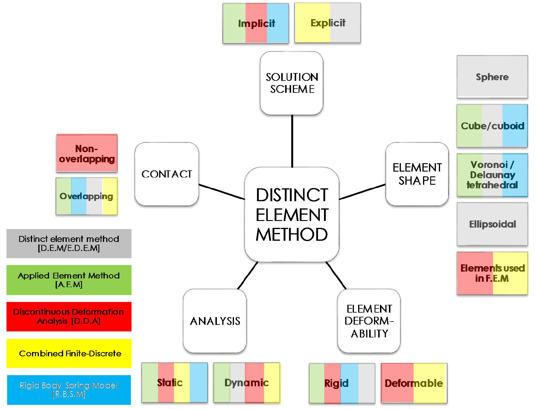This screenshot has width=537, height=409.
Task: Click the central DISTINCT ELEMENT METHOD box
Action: tap(292, 214)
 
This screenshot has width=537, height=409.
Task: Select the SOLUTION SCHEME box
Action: tap(292, 83)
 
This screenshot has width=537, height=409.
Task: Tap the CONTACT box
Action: tap(167, 174)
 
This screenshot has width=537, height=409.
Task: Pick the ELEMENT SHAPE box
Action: tap(417, 174)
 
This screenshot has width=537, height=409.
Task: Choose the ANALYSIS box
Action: tap(215, 321)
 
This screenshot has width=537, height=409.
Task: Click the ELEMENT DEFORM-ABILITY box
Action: tap(369, 321)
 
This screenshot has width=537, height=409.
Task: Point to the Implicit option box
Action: tap(256, 23)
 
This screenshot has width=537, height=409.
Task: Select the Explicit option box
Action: tap(328, 23)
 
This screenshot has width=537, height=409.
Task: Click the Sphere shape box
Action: tap(492, 77)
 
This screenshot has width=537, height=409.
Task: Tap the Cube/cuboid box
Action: tap(492, 126)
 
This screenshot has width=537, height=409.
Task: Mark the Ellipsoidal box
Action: tap(492, 224)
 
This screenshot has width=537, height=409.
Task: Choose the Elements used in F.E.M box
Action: tap(492, 273)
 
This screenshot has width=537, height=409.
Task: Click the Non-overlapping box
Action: tap(87, 153)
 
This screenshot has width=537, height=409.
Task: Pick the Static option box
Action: tap(174, 383)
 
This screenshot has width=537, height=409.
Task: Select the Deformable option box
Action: tap(414, 383)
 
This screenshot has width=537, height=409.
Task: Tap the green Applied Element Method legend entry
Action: tap(69, 280)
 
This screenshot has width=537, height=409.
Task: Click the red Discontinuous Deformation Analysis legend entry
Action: tap(69, 316)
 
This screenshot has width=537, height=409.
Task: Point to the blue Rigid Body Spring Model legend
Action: tap(69, 390)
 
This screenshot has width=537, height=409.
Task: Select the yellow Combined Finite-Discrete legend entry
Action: tap(69, 353)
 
